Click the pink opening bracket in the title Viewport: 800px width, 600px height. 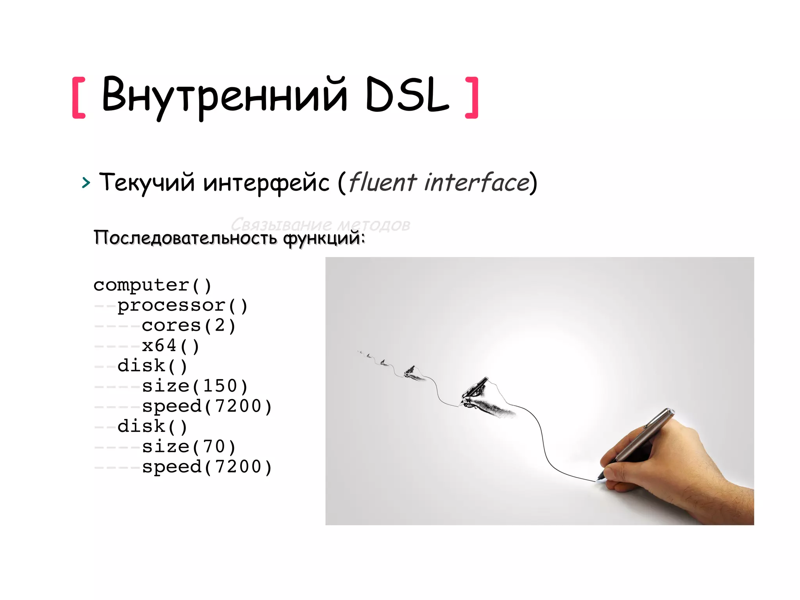pos(79,98)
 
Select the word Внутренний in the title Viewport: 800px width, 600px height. pos(224,96)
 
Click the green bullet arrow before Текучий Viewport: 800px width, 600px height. pos(86,183)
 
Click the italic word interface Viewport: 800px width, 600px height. pos(477,182)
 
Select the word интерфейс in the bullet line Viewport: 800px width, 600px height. pos(266,183)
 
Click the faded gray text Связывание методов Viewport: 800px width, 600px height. pos(320,224)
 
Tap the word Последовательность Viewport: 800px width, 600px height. pos(186,238)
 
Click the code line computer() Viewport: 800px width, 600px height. pos(152,285)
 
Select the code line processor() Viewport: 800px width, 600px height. pos(182,305)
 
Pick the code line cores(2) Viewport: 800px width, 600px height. pos(189,326)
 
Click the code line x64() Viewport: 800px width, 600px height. pos(171,346)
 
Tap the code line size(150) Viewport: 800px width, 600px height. pos(195,386)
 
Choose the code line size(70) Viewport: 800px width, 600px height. pos(189,447)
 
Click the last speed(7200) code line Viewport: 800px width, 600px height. pos(207,467)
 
